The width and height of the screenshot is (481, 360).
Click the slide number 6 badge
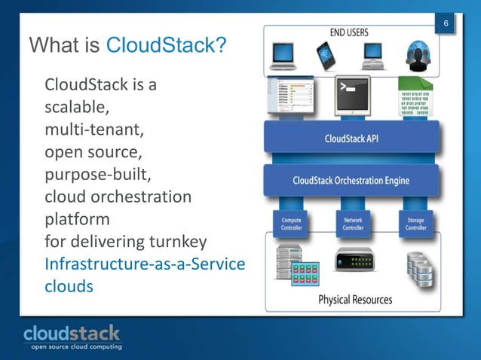[446, 26]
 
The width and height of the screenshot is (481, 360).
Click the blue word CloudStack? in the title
[167, 46]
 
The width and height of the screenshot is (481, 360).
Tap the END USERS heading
[349, 32]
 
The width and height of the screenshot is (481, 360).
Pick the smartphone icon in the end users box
[326, 53]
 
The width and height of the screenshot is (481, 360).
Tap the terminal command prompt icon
[351, 96]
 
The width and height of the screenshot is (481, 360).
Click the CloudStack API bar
[351, 139]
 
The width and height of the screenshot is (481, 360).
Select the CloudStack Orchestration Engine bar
[351, 181]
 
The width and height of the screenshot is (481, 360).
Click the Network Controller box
[352, 223]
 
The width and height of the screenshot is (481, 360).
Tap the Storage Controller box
[415, 223]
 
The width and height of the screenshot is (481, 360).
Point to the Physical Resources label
[355, 299]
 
